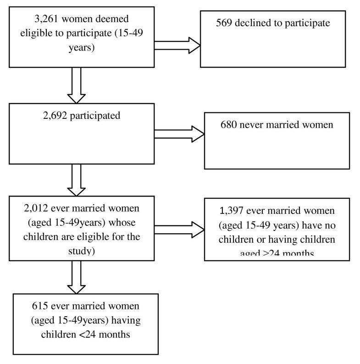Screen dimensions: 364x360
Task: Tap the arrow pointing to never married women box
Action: (179, 134)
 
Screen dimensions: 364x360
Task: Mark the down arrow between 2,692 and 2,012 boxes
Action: (76, 179)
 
